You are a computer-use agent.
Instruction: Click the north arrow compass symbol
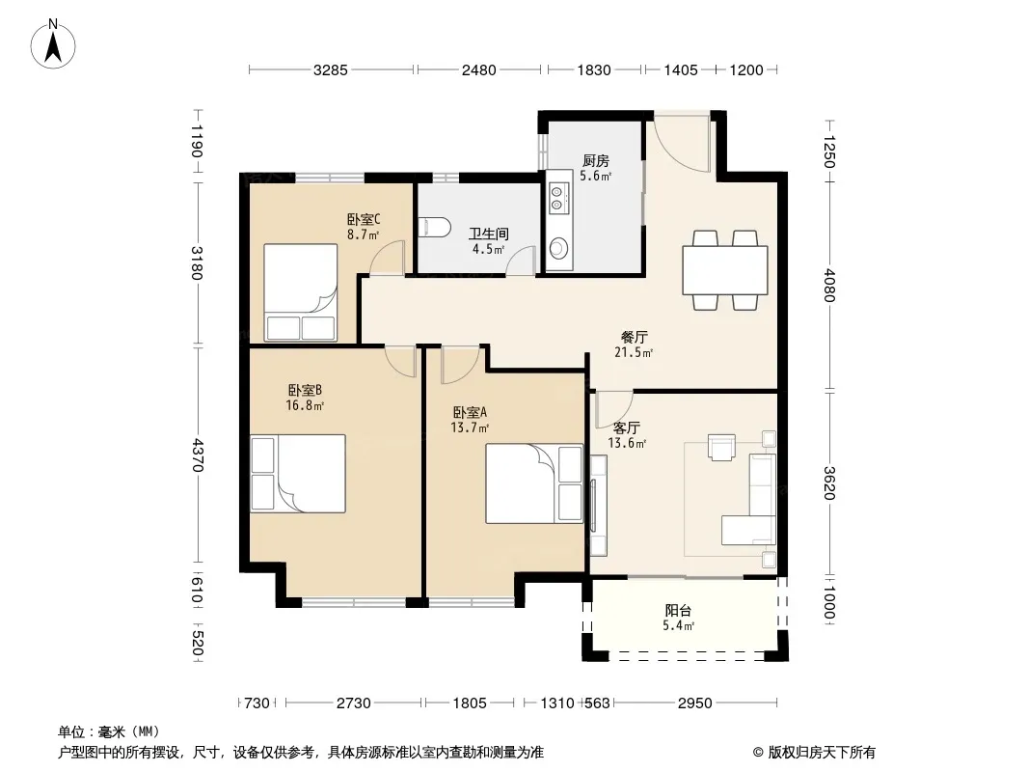53,44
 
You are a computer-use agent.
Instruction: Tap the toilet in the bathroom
434,227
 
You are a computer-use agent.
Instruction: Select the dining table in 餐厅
725,269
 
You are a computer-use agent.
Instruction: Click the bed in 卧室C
300,292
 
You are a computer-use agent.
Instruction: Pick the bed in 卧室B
298,473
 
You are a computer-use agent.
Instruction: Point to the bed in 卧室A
534,483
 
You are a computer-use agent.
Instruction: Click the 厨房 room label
596,160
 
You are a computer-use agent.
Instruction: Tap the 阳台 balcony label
678,611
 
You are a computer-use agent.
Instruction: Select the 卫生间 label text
488,234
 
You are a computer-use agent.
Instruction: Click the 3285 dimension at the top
331,69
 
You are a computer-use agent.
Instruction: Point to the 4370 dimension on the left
198,455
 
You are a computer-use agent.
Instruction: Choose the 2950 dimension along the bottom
695,703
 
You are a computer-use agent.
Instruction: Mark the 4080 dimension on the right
829,285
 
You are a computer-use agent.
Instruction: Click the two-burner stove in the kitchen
556,198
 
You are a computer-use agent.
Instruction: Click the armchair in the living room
721,448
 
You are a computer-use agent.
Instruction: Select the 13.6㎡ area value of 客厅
628,443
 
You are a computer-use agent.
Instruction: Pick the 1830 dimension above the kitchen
594,69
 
